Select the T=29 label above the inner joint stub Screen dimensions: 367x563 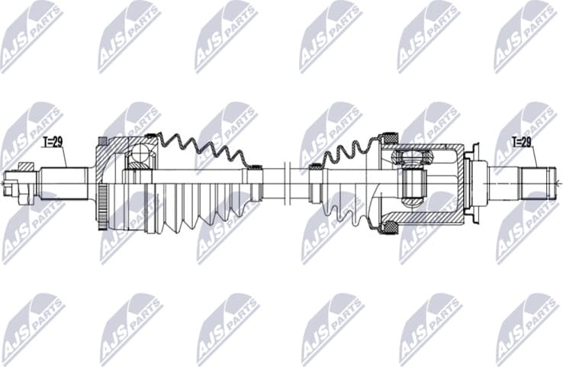tap(523, 142)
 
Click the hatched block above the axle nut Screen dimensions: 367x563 tap(27, 166)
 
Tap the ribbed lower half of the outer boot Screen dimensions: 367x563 tap(191, 206)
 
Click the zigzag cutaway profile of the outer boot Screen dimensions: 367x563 tap(202, 150)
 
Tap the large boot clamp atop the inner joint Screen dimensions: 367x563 tap(388, 138)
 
